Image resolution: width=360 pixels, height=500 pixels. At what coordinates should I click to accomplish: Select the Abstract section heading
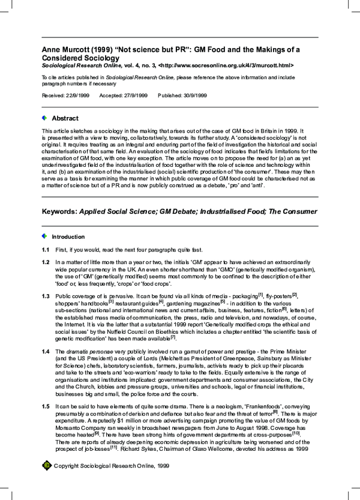point(65,118)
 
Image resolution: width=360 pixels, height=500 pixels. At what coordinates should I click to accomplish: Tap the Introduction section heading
point(68,236)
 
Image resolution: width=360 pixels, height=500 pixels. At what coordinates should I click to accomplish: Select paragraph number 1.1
point(46,249)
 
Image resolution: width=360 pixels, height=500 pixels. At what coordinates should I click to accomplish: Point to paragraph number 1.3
point(46,297)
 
